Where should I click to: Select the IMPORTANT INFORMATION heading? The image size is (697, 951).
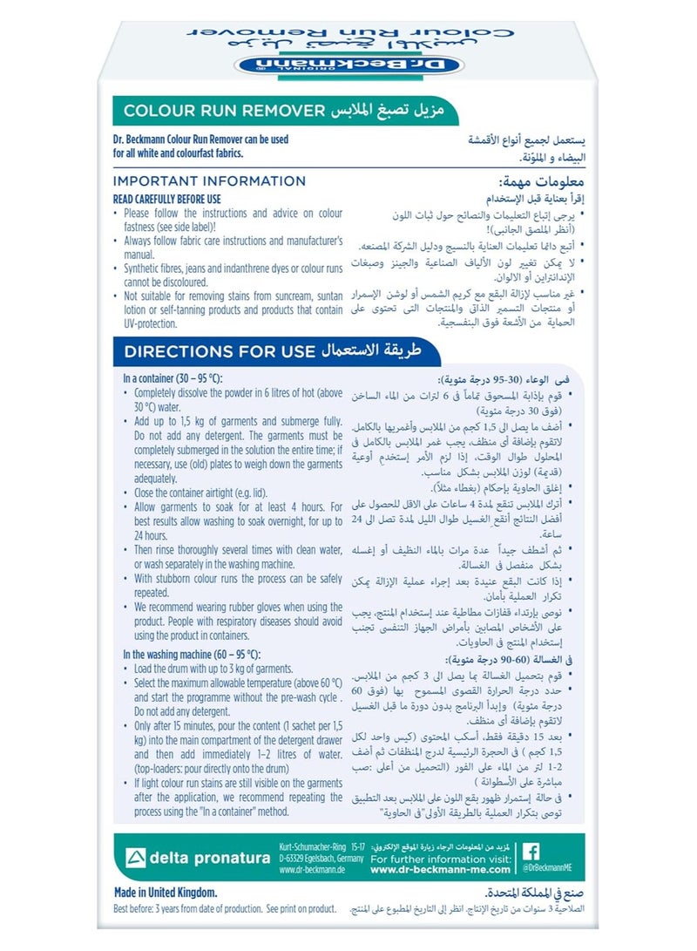[x=209, y=181]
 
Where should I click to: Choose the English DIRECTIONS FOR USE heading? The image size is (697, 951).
[x=219, y=352]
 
